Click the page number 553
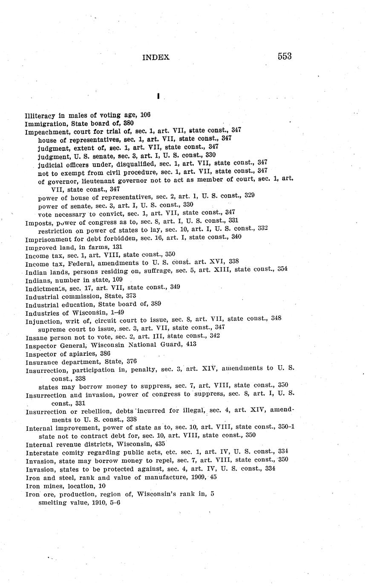(284, 56)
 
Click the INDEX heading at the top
(156, 58)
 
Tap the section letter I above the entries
(158, 97)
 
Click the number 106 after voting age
(145, 115)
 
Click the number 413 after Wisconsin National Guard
(191, 344)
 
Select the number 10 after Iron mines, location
(102, 486)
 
